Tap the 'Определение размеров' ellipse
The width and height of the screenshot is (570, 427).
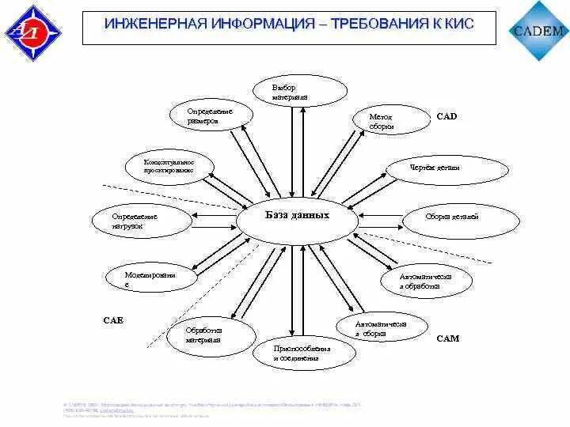211,115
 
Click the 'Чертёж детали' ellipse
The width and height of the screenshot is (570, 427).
434,169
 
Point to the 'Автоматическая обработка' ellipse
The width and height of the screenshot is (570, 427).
425,281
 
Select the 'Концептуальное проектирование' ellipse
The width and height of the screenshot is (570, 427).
169,166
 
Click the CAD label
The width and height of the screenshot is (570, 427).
446,116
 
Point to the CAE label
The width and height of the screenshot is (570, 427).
113,320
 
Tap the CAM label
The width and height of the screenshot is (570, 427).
447,338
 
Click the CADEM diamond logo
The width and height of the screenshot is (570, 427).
540,32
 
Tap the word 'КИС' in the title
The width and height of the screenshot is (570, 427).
458,25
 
